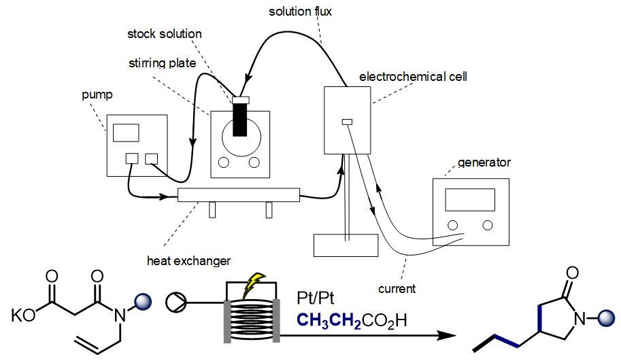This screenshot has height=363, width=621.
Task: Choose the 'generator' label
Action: pos(484,162)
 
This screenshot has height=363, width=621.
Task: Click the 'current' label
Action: pos(397,289)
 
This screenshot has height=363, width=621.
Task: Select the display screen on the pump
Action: pos(126,133)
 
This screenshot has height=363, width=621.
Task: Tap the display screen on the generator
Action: pos(469,199)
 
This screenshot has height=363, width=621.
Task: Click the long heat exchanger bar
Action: pos(238,195)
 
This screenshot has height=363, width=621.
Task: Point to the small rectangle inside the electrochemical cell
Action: pos(347,122)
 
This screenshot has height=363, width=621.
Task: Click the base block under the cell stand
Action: pos(346,245)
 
